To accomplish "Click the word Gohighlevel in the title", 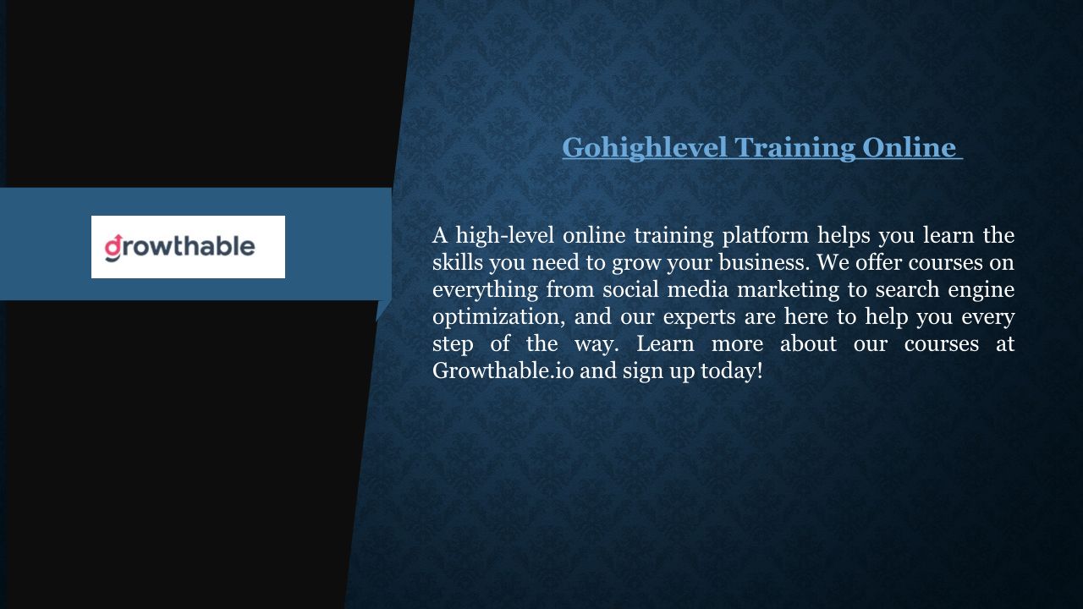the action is point(645,147).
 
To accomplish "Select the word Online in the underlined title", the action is point(909,147).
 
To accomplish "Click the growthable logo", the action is point(188,247).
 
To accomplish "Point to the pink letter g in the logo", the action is point(113,248).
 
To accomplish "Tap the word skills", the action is point(458,262).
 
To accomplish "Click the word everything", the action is point(485,290).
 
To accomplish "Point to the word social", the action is point(630,289).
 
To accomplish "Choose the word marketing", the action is point(788,290).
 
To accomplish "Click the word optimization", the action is point(498,317).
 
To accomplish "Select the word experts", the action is point(699,318).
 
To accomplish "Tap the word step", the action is point(453,344).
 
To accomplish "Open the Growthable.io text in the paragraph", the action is point(503,370).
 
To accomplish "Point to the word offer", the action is point(878,262).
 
